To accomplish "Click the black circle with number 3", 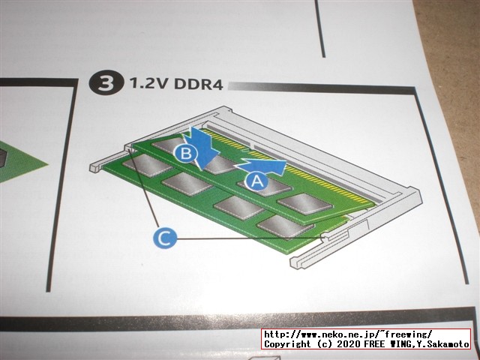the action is pos(106,83).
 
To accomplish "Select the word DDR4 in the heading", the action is pos(198,84).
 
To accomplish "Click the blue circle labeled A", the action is pos(256,181).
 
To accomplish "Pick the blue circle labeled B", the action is pos(186,153).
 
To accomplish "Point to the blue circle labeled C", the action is pos(165,237).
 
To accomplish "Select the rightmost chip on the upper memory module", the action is pos(305,203).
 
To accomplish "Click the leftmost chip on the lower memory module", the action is pos(147,165).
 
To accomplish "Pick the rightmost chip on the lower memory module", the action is pos(285,226).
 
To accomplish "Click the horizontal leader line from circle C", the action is pos(249,238).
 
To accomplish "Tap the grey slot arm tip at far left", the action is pos(95,167).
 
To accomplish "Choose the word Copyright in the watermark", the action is pos(287,344).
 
